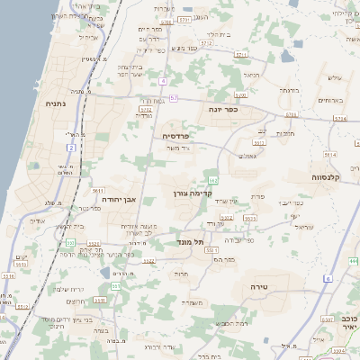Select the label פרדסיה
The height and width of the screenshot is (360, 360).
click(x=175, y=136)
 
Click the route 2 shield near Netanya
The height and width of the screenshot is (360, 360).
click(x=70, y=147)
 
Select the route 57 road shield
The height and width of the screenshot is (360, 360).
click(x=173, y=97)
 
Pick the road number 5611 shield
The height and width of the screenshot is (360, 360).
click(x=96, y=191)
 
